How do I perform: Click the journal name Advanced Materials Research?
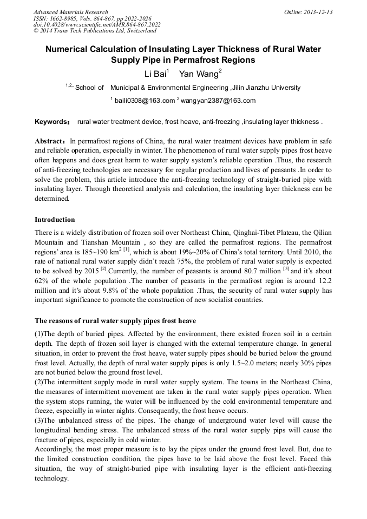[70, 12]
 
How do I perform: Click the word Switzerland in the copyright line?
[140, 31]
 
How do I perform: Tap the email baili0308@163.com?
[145, 101]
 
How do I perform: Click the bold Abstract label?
[50, 140]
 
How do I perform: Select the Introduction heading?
[55, 220]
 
